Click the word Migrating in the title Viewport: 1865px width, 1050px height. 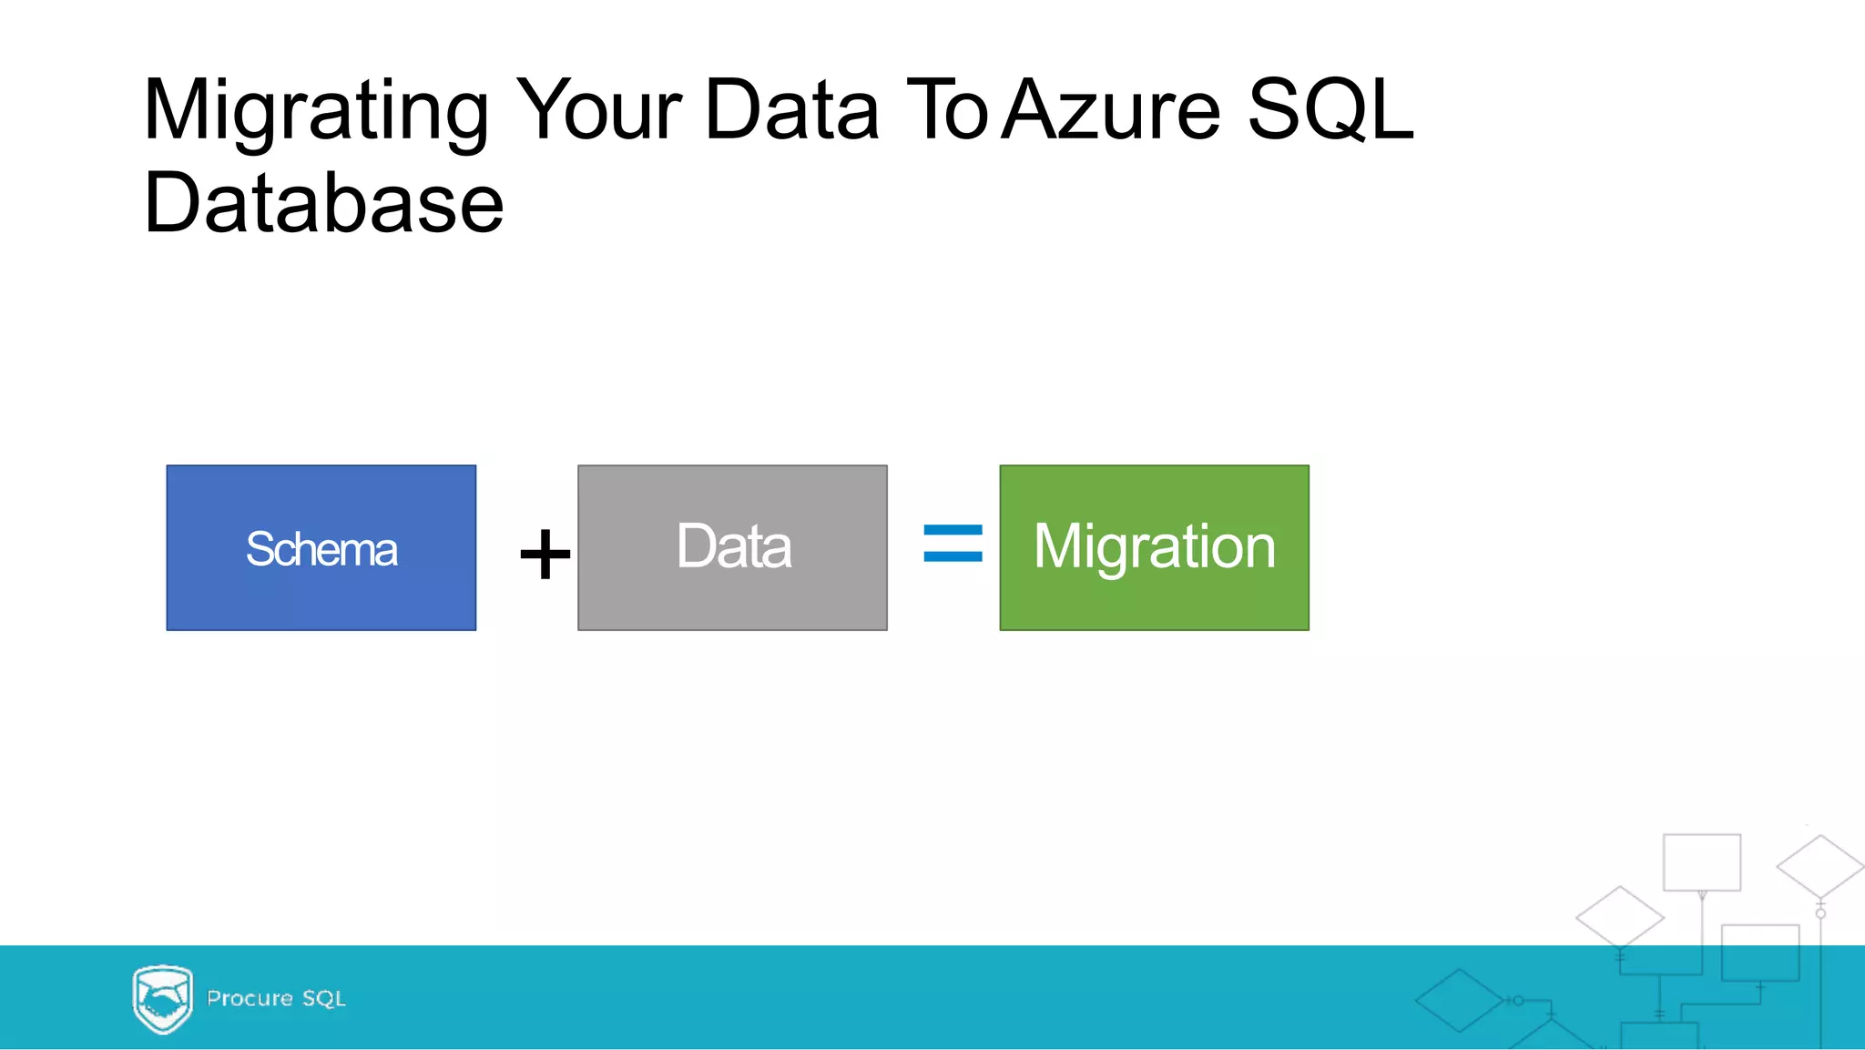click(x=316, y=112)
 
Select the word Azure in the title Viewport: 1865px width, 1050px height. click(x=1111, y=110)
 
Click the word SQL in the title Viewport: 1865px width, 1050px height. click(x=1330, y=110)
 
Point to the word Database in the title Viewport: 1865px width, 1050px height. click(x=323, y=203)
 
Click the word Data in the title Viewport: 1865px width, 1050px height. click(x=791, y=110)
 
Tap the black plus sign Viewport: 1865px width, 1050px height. click(x=545, y=554)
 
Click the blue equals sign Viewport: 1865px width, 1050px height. click(x=953, y=543)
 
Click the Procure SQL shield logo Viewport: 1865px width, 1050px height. click(x=162, y=999)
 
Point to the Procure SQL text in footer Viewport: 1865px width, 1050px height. click(x=276, y=999)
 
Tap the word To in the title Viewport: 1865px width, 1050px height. click(x=947, y=110)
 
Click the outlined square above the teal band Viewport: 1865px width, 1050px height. click(x=1701, y=861)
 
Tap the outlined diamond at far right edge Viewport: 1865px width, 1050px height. click(x=1819, y=866)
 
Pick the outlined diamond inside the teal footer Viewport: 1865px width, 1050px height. click(x=1459, y=1001)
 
